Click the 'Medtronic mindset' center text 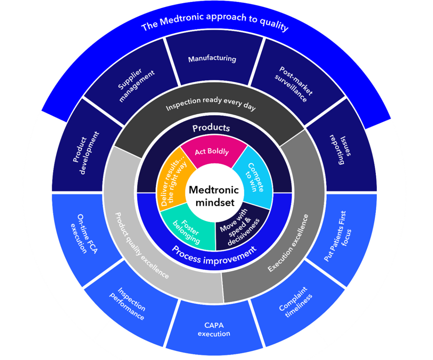click(x=214, y=196)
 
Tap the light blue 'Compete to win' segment click(x=254, y=177)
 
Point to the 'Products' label click(x=211, y=128)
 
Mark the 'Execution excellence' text click(x=288, y=243)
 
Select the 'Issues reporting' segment click(x=341, y=149)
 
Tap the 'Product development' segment click(x=86, y=153)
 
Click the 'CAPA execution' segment click(x=214, y=329)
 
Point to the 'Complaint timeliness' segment click(x=295, y=302)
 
